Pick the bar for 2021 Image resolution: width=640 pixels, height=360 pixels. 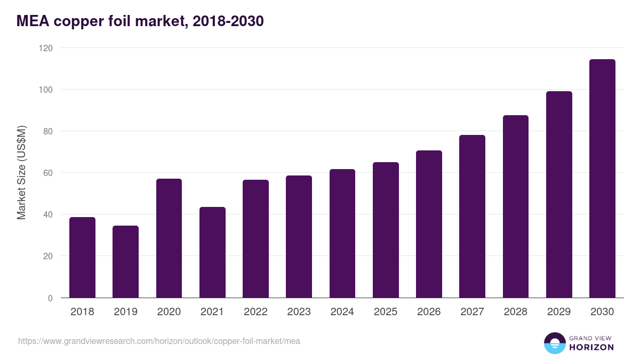click(x=212, y=252)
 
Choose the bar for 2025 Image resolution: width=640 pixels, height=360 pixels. click(x=386, y=230)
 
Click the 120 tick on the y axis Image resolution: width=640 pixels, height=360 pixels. click(x=46, y=48)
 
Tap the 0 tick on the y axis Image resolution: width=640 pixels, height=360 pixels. click(x=50, y=298)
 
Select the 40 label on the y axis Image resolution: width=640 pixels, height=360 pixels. click(x=48, y=214)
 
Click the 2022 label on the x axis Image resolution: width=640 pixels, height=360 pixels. click(x=255, y=312)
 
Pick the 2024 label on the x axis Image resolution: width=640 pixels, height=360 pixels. click(x=342, y=312)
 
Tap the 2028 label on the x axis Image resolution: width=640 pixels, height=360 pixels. click(x=516, y=312)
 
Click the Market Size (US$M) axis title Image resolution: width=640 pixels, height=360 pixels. click(x=21, y=173)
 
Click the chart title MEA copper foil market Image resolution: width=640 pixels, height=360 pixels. click(x=140, y=21)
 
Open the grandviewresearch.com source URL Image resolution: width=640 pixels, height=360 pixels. click(x=159, y=341)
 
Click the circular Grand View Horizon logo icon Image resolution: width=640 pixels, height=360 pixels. click(x=554, y=343)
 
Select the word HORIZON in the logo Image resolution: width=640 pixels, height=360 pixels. click(x=592, y=347)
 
